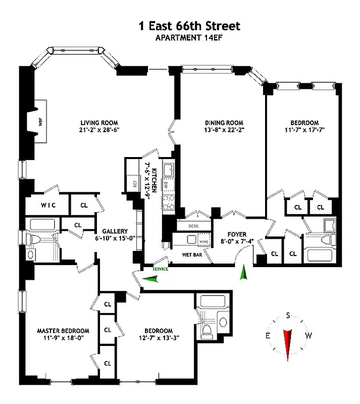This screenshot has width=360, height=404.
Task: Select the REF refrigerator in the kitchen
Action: (x=135, y=184)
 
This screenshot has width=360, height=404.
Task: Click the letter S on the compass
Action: (x=288, y=316)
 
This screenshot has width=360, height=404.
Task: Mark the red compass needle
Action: (x=288, y=338)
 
